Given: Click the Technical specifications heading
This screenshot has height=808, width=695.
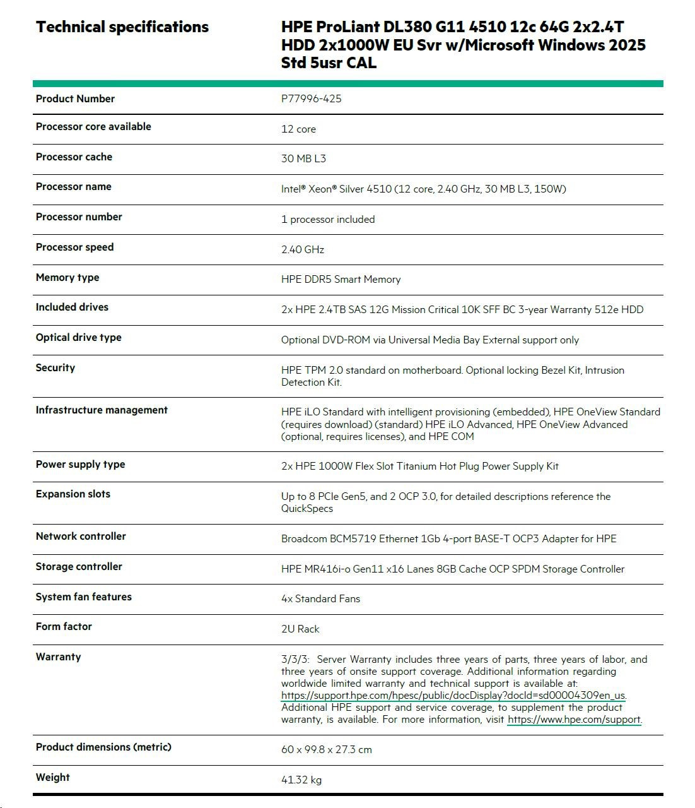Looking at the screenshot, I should coord(122,27).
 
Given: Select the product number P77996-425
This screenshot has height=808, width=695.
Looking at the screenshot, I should coord(311,98).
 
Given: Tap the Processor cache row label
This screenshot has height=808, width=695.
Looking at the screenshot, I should coord(74,157).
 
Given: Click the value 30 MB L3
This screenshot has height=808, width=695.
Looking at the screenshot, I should coord(303,158).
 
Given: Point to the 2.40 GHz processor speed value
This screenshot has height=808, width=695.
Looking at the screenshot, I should coord(302,249).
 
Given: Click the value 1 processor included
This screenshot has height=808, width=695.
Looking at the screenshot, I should coord(327,219).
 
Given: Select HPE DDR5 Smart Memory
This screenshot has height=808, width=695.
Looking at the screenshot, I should coord(341,279).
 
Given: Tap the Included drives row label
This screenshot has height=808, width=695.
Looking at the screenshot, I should coord(72,307).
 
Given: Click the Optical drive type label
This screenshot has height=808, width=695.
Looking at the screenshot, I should coord(78,337).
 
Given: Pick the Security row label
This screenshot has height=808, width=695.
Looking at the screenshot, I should coord(55,367).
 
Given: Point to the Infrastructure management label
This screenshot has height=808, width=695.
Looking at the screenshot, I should coord(102,410).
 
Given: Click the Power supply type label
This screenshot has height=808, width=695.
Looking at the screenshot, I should coord(80,464).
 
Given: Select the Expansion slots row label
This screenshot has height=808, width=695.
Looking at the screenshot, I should coord(73,494).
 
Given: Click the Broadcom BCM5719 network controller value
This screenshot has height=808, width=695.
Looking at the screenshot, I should coord(448,538).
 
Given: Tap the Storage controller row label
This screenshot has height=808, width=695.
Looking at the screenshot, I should coord(79,566).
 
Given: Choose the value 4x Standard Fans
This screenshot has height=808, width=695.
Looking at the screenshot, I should coord(320,598).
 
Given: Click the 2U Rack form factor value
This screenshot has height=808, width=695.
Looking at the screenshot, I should coord(300,629).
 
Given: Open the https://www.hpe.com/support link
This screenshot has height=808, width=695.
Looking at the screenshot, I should coord(574,719).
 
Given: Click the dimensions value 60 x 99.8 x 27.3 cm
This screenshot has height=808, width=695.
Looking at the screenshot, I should coord(326,749).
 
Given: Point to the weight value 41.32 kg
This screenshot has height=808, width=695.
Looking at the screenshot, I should coord(301,780).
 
